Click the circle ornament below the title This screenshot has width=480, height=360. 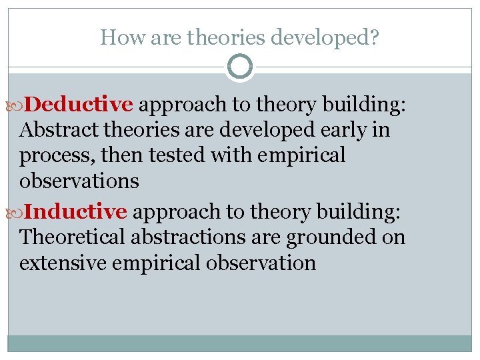pyautogui.click(x=239, y=67)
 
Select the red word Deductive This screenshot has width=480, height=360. pyautogui.click(x=81, y=105)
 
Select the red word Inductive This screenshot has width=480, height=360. pyautogui.click(x=78, y=212)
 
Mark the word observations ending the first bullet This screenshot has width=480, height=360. pyautogui.click(x=79, y=181)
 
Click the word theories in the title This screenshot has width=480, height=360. pyautogui.click(x=227, y=37)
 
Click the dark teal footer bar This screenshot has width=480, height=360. pyautogui.click(x=239, y=343)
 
